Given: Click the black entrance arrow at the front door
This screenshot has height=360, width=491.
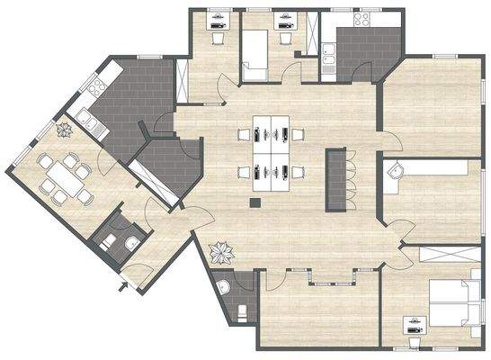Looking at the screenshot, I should (x=122, y=288).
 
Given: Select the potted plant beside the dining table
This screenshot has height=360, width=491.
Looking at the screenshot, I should (x=64, y=130).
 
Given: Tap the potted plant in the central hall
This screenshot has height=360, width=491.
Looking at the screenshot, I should (x=219, y=252).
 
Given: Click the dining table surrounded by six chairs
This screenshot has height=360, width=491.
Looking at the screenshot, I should (x=64, y=175).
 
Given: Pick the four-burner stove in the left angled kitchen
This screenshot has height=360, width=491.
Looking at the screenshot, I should (x=93, y=84).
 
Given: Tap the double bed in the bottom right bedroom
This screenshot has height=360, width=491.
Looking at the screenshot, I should (x=450, y=304).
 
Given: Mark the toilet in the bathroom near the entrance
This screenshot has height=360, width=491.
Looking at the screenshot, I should (x=107, y=241).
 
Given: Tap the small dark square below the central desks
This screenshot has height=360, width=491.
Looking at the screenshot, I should (x=256, y=202).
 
